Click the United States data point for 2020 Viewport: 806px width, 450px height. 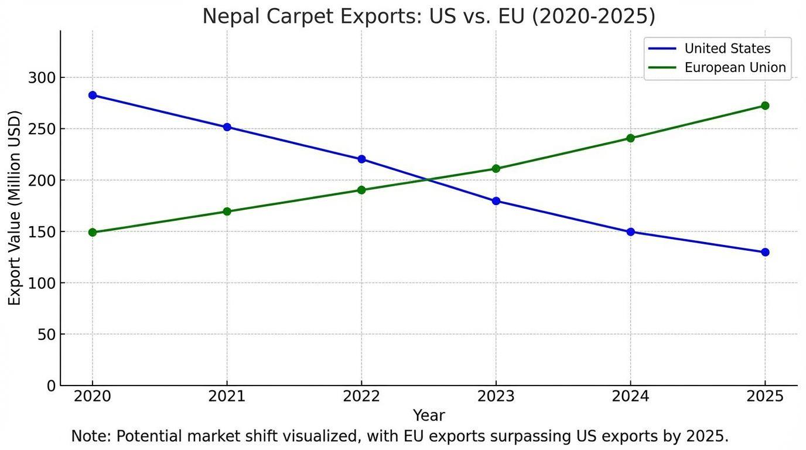click(x=93, y=95)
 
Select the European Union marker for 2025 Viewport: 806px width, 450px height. click(x=765, y=105)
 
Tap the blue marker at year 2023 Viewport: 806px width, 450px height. click(x=496, y=201)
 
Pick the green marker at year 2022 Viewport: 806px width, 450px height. click(x=361, y=190)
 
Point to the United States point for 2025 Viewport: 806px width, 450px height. click(x=765, y=252)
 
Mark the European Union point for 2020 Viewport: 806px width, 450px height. click(x=93, y=232)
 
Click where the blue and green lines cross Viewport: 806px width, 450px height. click(x=429, y=180)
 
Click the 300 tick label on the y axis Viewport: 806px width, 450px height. click(x=42, y=78)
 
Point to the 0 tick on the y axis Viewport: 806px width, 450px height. click(x=52, y=386)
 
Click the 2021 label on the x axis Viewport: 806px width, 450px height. click(x=227, y=397)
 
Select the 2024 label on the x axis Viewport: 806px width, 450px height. click(x=630, y=397)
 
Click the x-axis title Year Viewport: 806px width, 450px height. click(x=429, y=415)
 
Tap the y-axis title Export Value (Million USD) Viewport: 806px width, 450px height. click(x=15, y=208)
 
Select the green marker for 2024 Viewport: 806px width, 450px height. click(x=630, y=138)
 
